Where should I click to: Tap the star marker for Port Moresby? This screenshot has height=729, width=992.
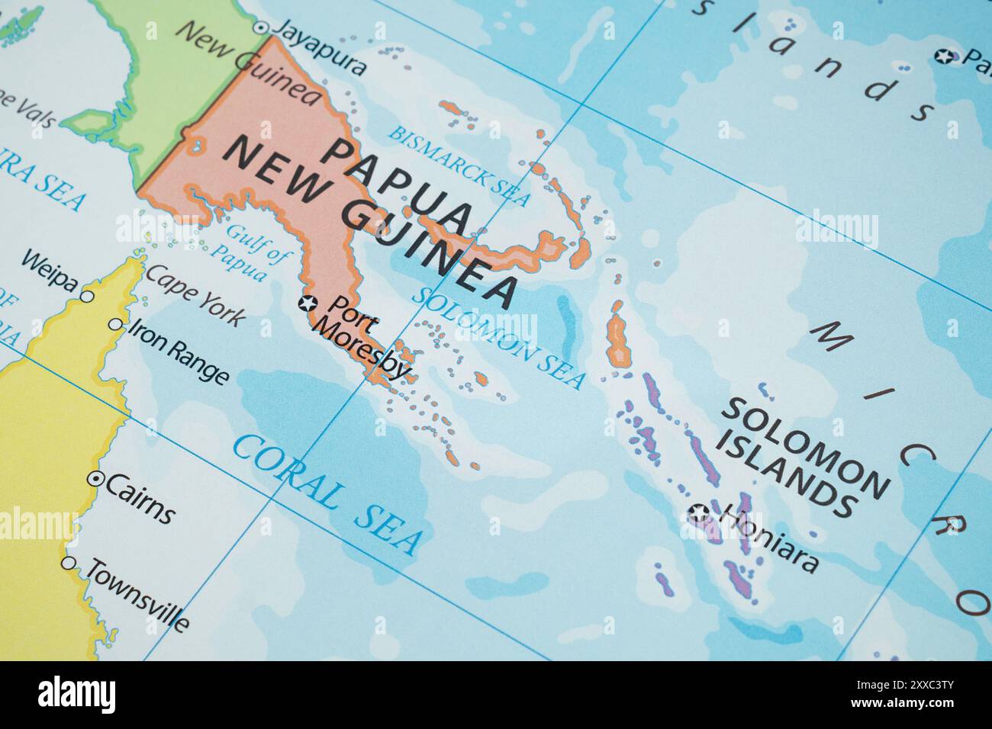308,303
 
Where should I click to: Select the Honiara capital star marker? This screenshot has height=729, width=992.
698,512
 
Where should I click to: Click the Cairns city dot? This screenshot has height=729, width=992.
95,479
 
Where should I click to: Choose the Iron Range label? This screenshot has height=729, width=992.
178,352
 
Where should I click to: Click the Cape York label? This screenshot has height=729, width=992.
195,295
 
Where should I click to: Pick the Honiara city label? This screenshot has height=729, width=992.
770,537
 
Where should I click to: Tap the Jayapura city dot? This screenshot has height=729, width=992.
260,27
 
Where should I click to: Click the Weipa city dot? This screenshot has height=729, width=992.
88,296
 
